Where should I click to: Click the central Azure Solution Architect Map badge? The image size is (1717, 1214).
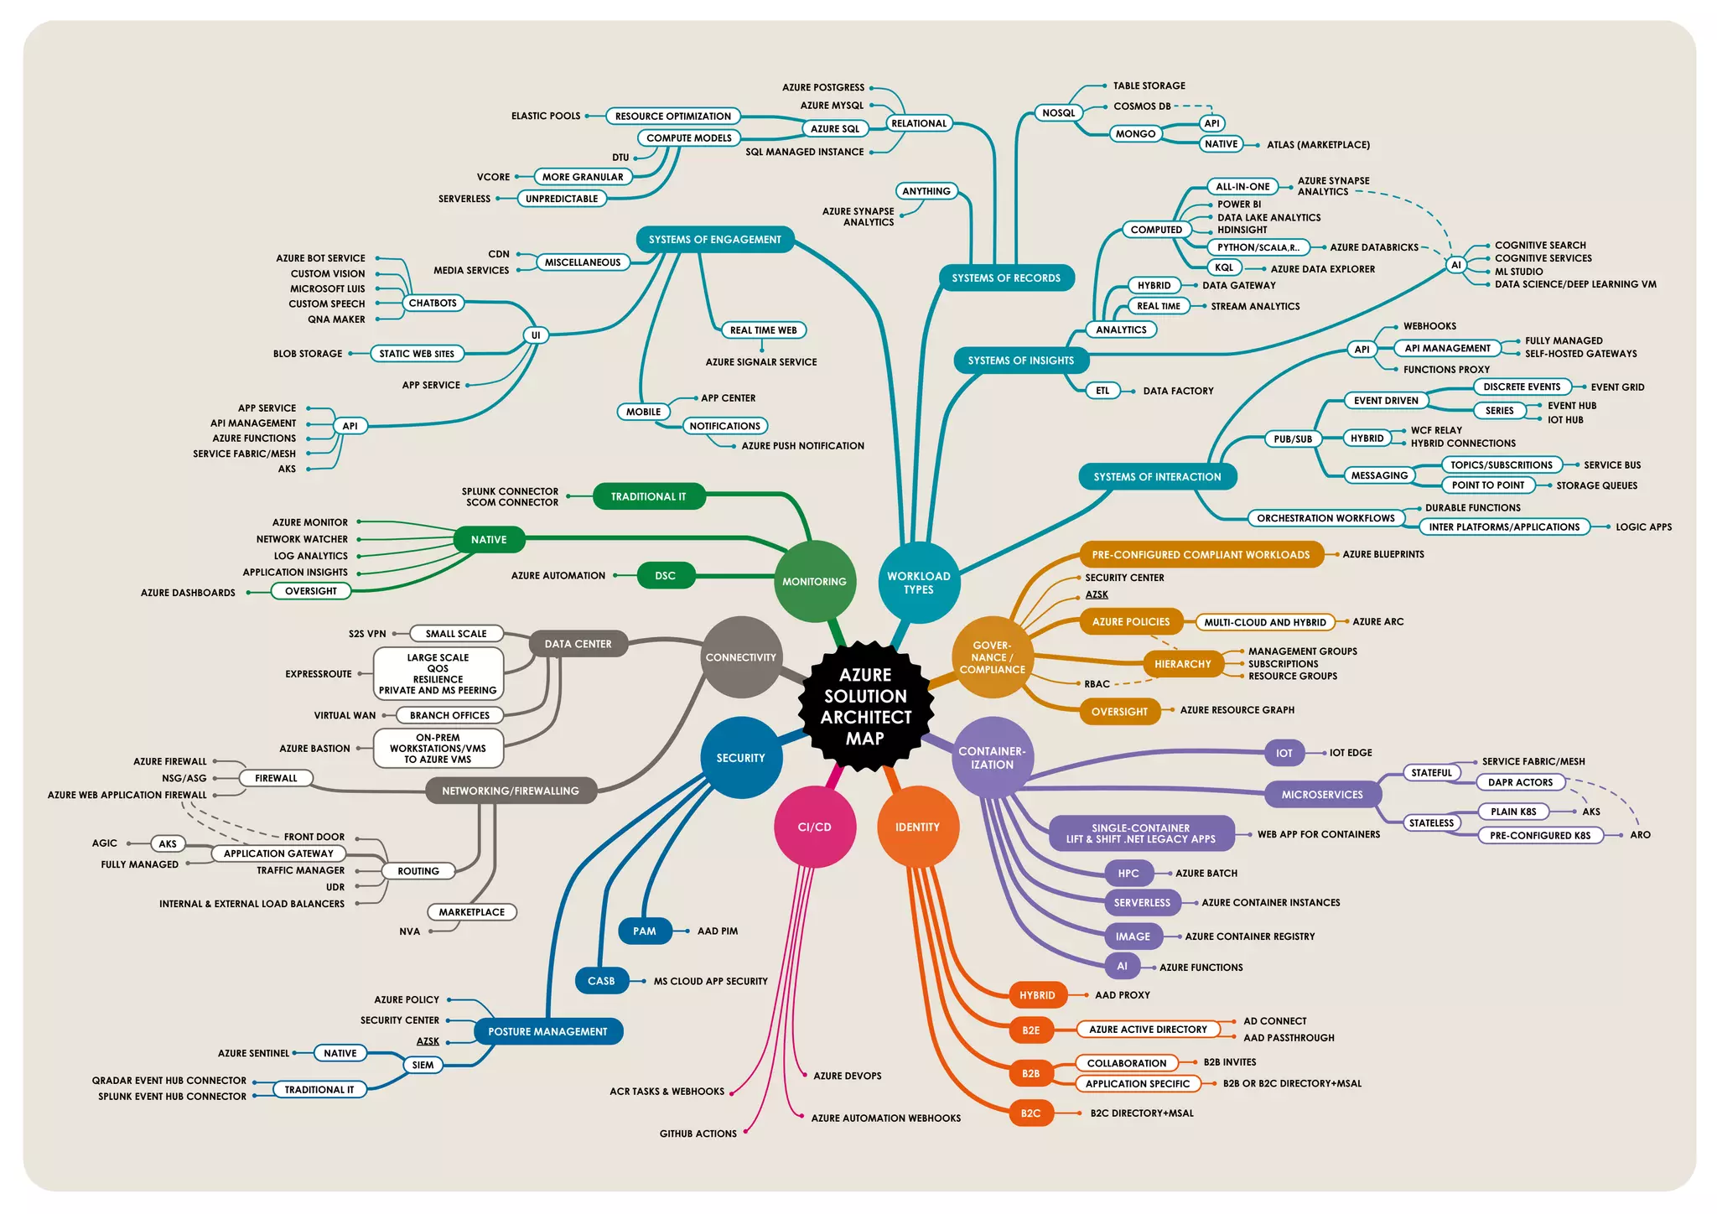865,706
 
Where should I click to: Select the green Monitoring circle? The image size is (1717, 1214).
814,581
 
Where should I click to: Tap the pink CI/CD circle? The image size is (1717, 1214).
814,827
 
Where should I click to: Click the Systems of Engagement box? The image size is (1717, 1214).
714,240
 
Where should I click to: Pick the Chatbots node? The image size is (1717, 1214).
433,303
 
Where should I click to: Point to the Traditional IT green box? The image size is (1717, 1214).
648,496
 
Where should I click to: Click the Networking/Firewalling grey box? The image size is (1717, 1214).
510,791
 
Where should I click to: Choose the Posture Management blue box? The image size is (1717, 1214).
547,1031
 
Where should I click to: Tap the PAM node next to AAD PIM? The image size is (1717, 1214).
644,931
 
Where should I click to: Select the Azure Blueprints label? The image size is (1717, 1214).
1382,554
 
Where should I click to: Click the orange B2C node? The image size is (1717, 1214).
1030,1113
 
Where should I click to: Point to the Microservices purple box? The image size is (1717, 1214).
1321,795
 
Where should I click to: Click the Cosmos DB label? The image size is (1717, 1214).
1141,106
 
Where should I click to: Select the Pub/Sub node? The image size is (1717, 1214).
1292,438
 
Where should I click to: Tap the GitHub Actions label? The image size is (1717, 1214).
698,1134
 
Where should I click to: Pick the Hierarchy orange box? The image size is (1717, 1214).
1182,664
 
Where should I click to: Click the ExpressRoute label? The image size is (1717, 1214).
318,674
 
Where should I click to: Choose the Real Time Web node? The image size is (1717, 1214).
763,330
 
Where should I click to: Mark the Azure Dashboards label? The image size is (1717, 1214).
188,593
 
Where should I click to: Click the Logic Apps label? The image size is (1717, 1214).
1643,527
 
